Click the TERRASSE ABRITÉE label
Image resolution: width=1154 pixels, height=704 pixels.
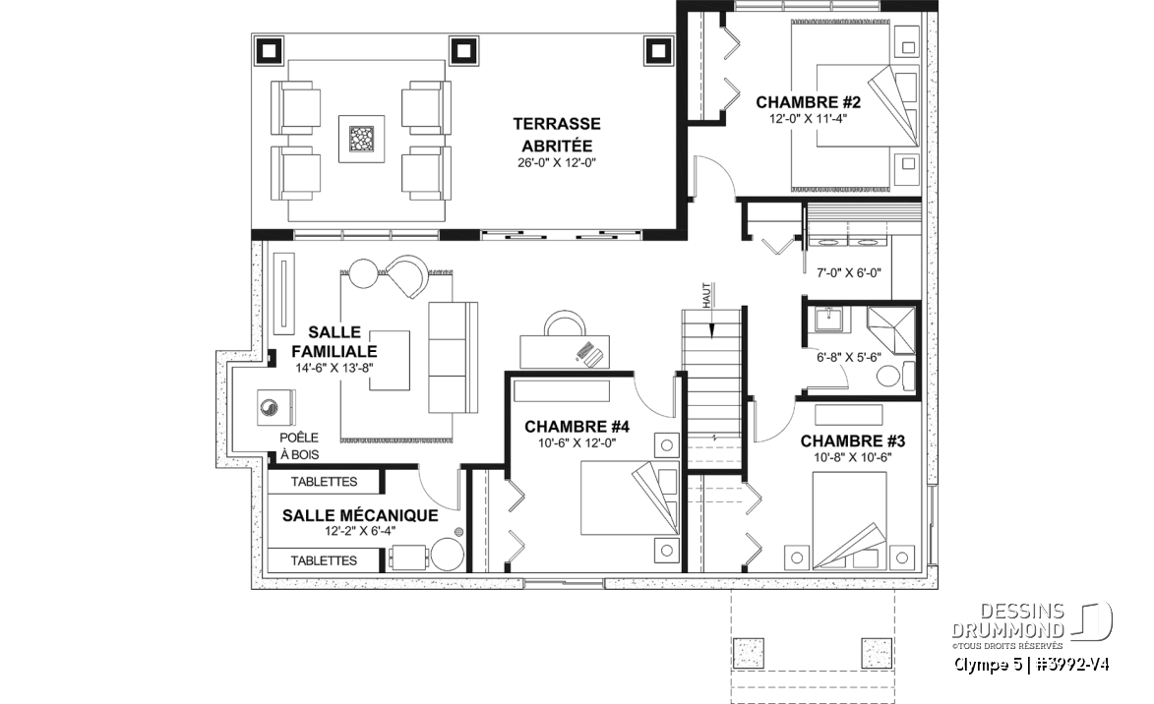pyautogui.click(x=557, y=135)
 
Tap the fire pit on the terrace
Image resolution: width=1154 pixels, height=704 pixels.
pyautogui.click(x=361, y=139)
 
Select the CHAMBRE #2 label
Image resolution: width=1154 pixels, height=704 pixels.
pyautogui.click(x=808, y=102)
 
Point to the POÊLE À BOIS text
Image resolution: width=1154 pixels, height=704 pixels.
pyautogui.click(x=299, y=445)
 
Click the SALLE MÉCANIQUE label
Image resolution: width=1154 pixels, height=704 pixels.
pyautogui.click(x=360, y=515)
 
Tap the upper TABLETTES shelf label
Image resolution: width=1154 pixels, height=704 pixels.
pyautogui.click(x=324, y=482)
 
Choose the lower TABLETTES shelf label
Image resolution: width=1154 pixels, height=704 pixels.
pyautogui.click(x=324, y=560)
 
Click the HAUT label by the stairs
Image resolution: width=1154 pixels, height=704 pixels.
pyautogui.click(x=706, y=296)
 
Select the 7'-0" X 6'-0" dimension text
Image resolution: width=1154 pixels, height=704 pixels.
pyautogui.click(x=849, y=273)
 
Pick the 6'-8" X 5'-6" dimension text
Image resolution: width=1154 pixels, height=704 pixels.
pyautogui.click(x=849, y=358)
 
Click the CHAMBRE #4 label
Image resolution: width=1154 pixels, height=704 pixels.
pyautogui.click(x=577, y=427)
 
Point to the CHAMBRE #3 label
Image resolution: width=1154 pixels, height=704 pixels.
pyautogui.click(x=853, y=441)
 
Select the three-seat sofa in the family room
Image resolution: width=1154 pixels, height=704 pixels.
pyautogui.click(x=454, y=358)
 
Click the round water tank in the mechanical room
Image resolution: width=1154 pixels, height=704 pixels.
pyautogui.click(x=447, y=555)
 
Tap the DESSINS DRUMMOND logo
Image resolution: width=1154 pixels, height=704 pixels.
pyautogui.click(x=1030, y=622)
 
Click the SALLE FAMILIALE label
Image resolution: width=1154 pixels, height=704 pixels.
pyautogui.click(x=334, y=342)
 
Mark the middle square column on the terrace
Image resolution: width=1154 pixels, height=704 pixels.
pyautogui.click(x=463, y=51)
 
